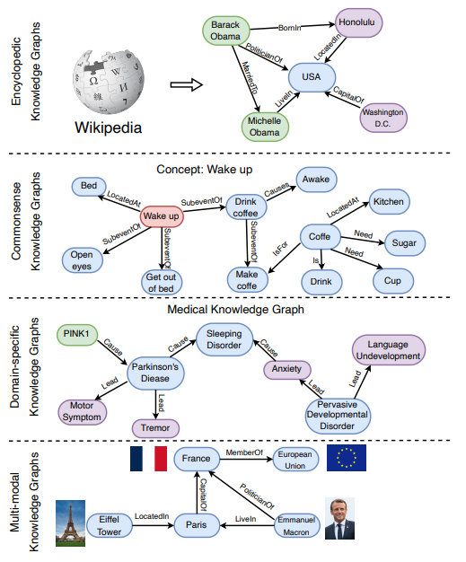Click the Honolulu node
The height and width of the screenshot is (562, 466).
click(x=358, y=22)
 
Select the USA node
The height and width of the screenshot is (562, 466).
click(x=312, y=77)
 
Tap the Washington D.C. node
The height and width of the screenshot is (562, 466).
click(x=383, y=118)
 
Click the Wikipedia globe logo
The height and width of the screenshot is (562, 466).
click(x=109, y=82)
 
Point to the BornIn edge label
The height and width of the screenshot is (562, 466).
click(x=290, y=28)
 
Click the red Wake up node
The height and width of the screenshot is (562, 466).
click(x=162, y=216)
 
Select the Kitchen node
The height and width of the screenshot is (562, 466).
click(x=390, y=202)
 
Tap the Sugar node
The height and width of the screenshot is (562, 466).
click(x=405, y=243)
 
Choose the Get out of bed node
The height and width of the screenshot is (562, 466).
click(x=162, y=283)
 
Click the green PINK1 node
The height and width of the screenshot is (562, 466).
click(x=77, y=334)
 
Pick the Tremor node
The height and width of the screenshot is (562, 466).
click(x=155, y=428)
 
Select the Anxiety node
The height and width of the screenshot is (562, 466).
click(x=287, y=370)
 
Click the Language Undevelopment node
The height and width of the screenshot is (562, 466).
click(x=389, y=350)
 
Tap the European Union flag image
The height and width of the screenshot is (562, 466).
click(x=347, y=458)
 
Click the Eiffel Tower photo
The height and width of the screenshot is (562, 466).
click(x=70, y=522)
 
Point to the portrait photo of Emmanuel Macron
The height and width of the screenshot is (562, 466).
click(x=339, y=518)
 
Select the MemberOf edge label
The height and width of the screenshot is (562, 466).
click(x=244, y=452)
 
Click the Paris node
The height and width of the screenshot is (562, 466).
click(x=197, y=525)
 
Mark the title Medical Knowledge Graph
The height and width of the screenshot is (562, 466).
click(x=235, y=310)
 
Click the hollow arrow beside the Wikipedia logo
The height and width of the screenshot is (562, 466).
click(x=187, y=85)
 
